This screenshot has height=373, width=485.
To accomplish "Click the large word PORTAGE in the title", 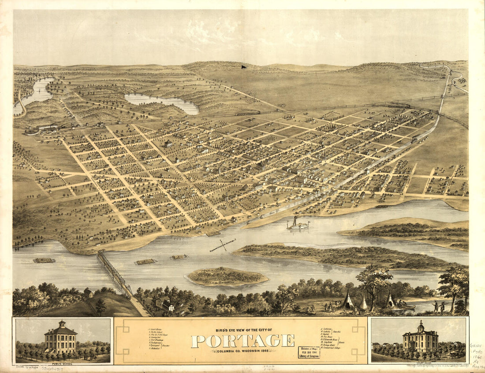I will [x=243, y=340].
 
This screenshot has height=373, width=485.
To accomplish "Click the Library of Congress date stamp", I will [x=309, y=352].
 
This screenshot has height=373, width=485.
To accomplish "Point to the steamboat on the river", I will [x=298, y=225].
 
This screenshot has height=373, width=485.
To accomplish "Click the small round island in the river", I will [x=227, y=277].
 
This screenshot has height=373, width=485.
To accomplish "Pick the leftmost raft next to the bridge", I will [x=44, y=260].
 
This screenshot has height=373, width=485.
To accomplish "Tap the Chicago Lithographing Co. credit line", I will [x=435, y=365].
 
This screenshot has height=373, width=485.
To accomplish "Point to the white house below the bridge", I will [x=168, y=306].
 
